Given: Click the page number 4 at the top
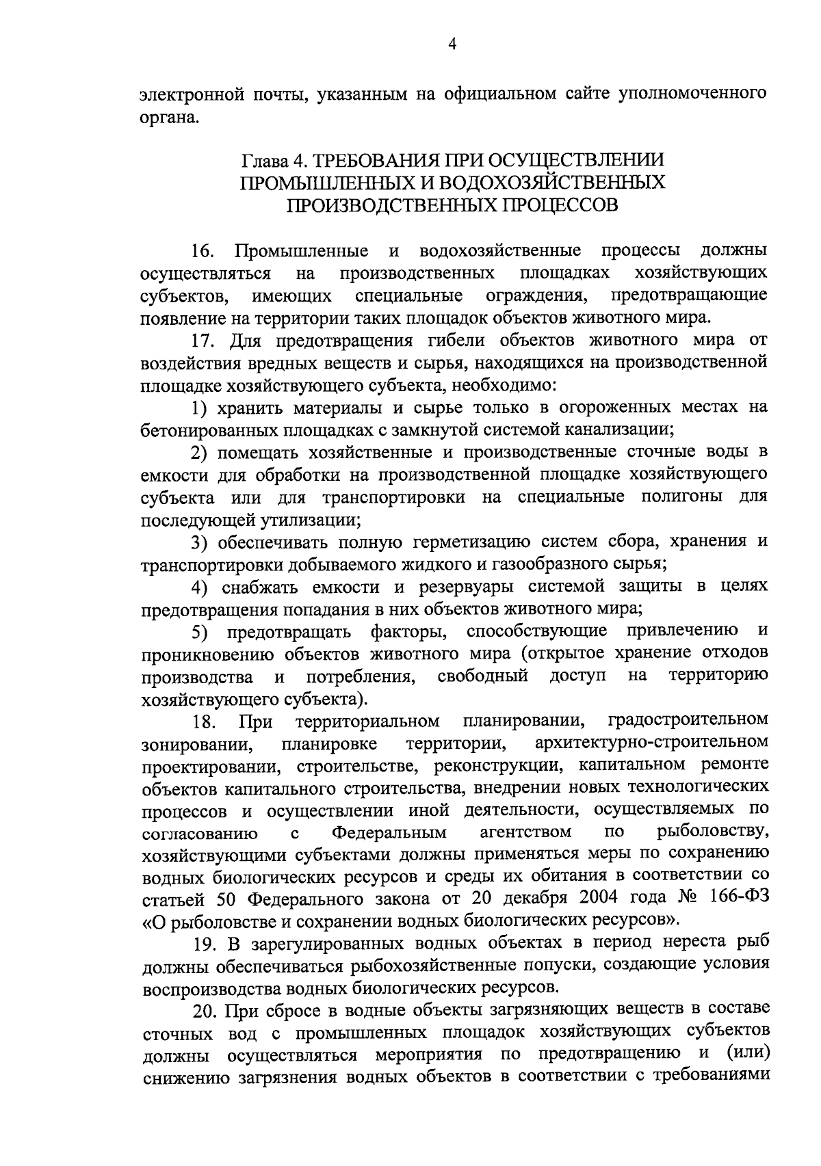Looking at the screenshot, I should pyautogui.click(x=452, y=45).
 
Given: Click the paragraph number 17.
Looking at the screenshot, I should pyautogui.click(x=203, y=341).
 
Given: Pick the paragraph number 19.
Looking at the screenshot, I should pyautogui.click(x=204, y=944).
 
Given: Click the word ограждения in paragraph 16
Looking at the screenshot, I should pyautogui.click(x=534, y=296).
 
